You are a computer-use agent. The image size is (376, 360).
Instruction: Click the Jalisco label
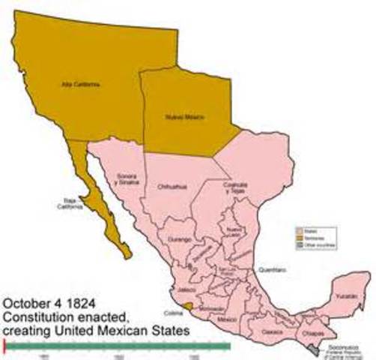click(x=185, y=288)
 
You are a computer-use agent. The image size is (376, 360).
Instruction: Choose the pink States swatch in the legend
click(x=300, y=232)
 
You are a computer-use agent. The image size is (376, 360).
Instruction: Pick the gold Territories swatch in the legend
click(x=300, y=238)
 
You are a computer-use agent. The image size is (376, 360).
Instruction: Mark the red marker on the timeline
click(x=5, y=345)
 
